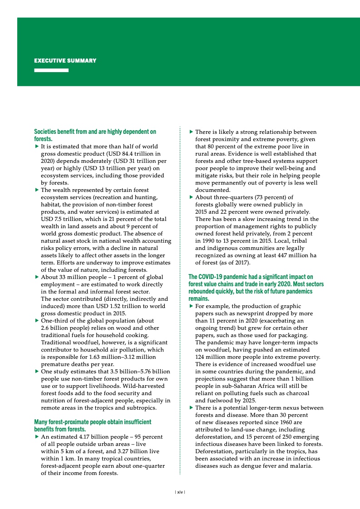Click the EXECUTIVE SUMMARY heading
point(65,61)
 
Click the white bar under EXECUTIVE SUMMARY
point(51,70)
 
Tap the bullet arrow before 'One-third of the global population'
point(37,321)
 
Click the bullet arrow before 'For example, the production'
point(191,306)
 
